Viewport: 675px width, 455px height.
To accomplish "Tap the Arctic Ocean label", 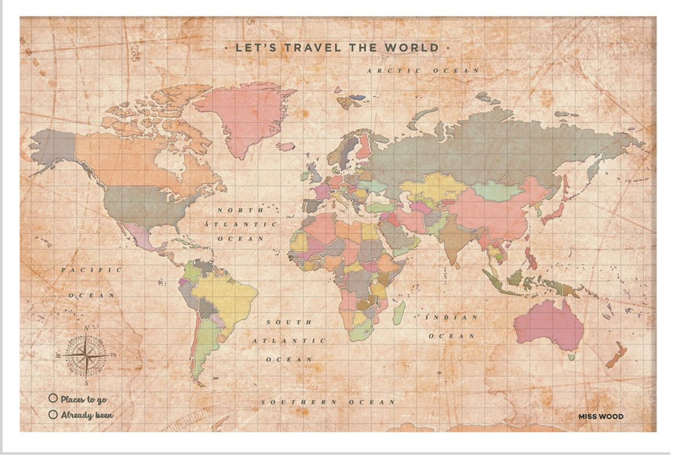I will [x=423, y=70].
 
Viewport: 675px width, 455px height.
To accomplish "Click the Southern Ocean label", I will [x=328, y=402].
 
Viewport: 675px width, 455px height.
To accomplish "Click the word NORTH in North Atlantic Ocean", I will [x=231, y=210].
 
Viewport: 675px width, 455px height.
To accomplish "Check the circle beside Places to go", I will [x=53, y=398].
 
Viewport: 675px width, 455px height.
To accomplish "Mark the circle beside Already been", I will [x=53, y=414].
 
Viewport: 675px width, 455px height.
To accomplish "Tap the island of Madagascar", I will [x=400, y=313].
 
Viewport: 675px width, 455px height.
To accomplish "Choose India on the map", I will [x=454, y=240].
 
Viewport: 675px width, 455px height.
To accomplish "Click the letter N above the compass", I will [x=86, y=328].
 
